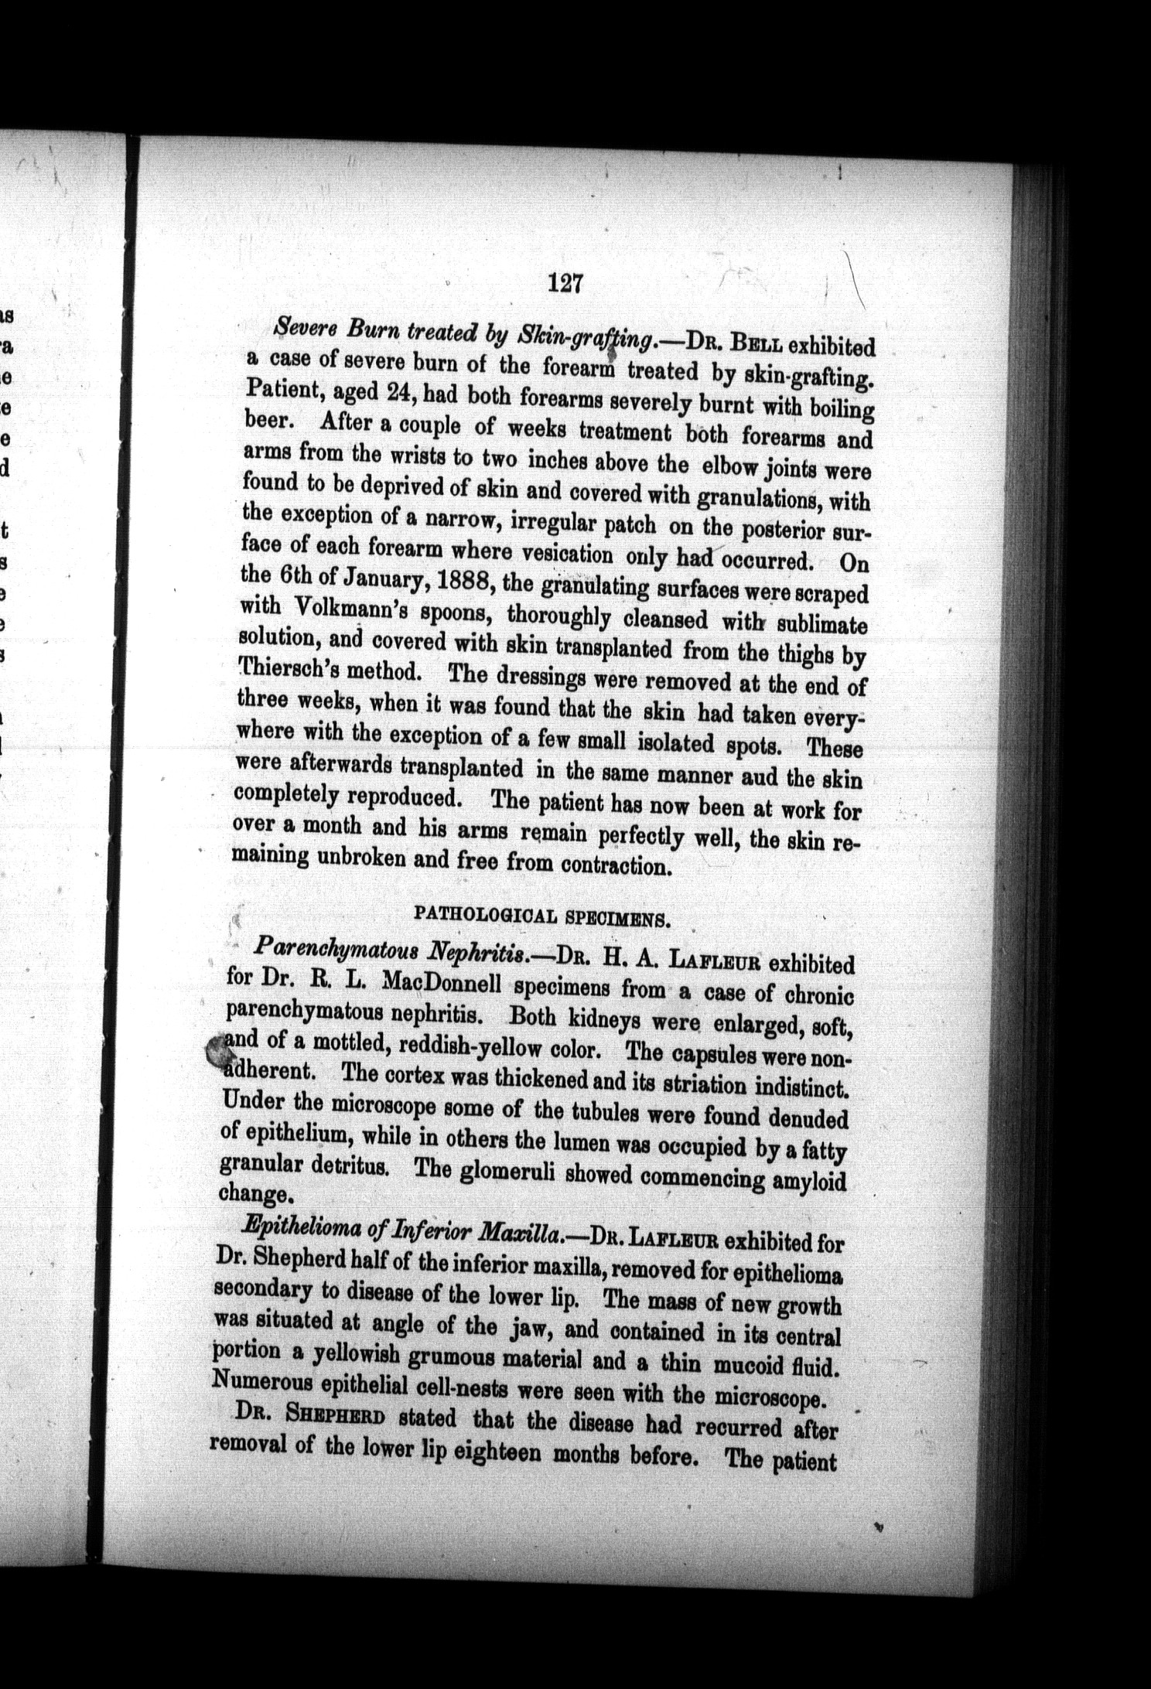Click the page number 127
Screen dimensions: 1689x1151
(x=564, y=284)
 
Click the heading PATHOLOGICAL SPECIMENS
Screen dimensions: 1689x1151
(x=541, y=916)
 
